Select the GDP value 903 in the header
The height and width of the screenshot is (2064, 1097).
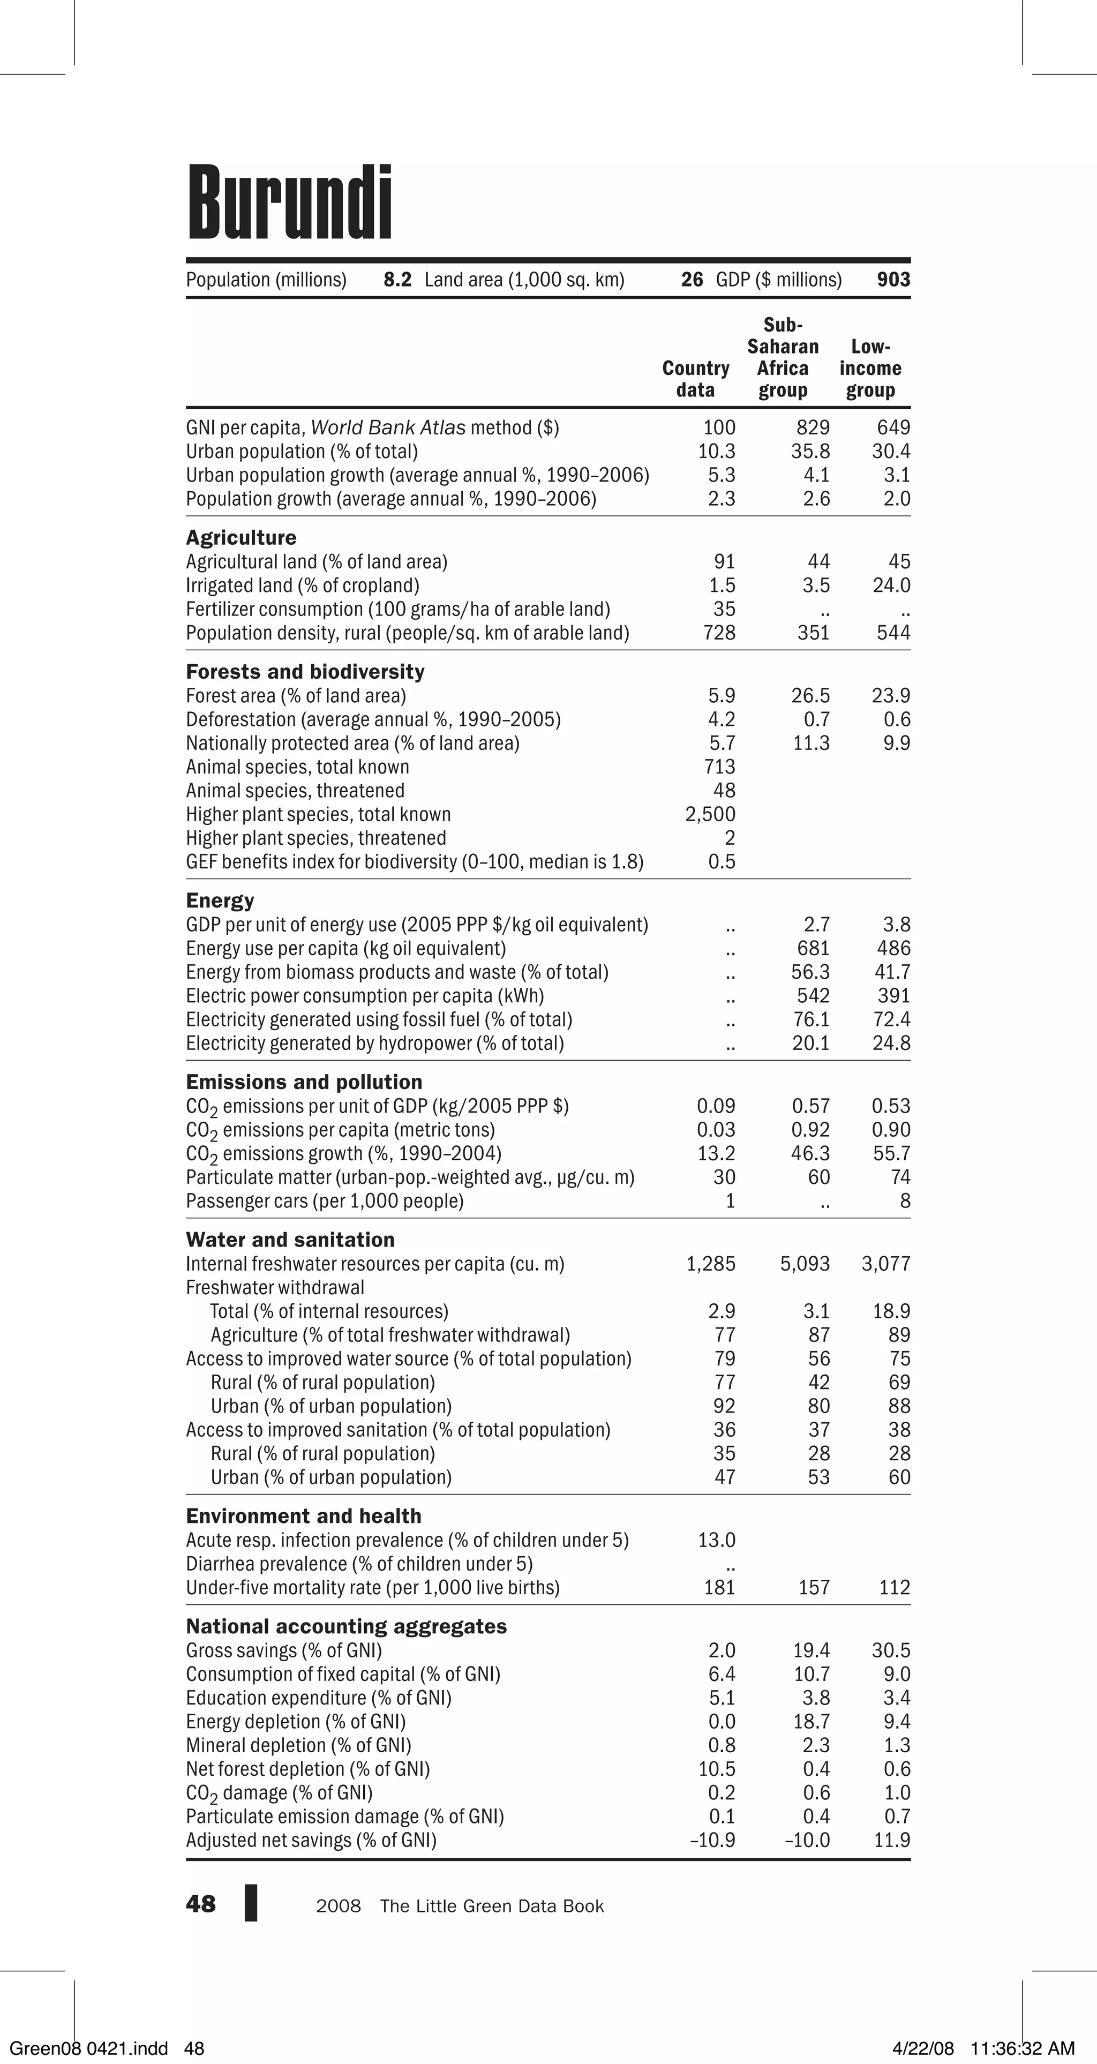pyautogui.click(x=893, y=280)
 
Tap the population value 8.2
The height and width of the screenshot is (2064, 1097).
pyautogui.click(x=397, y=280)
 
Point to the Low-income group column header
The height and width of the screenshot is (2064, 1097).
pyautogui.click(x=870, y=369)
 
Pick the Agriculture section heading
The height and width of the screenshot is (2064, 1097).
pyautogui.click(x=241, y=538)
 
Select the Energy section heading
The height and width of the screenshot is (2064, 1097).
pyautogui.click(x=220, y=900)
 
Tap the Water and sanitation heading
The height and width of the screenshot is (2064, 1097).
pyautogui.click(x=290, y=1240)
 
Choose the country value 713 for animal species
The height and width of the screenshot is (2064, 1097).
pyautogui.click(x=719, y=767)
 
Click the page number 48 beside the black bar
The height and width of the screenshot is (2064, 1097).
pyautogui.click(x=200, y=1904)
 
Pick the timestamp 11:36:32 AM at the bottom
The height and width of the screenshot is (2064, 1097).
pyautogui.click(x=1023, y=2049)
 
